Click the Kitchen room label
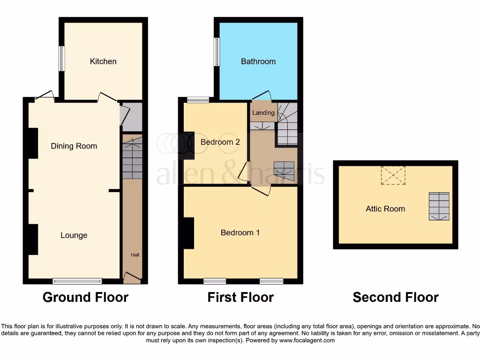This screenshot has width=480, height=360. tap(103, 61)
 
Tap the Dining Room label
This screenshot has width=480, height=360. tap(74, 146)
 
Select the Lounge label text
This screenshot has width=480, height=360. tap(74, 235)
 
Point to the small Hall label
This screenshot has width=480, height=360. tap(135, 255)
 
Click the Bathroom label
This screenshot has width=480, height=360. tap(258, 61)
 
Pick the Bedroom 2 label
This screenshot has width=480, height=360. tap(220, 142)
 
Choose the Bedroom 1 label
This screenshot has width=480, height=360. tap(240, 232)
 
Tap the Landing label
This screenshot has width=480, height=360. tap(263, 113)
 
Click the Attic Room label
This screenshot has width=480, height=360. tap(385, 209)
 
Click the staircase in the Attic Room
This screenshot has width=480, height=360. tap(439, 206)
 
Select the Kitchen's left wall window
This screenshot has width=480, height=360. tap(61, 59)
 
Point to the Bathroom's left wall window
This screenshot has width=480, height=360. tap(217, 52)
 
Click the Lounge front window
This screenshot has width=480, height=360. tap(77, 281)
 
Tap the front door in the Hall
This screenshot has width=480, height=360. tap(132, 278)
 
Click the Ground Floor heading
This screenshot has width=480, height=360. tap(85, 297)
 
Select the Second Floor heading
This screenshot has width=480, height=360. tap(396, 297)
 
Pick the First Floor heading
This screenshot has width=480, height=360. tap(240, 297)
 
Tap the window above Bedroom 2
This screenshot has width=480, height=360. tap(198, 99)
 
